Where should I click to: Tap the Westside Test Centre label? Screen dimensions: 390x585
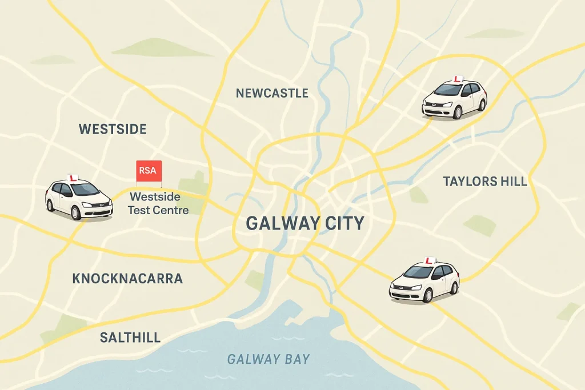[155, 203]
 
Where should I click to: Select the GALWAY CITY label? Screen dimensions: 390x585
[304, 223]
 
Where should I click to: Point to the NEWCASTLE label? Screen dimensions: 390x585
[272, 93]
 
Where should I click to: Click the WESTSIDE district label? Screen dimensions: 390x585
[113, 129]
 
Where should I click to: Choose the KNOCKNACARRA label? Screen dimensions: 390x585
[127, 279]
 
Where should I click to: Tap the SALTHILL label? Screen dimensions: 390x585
[130, 337]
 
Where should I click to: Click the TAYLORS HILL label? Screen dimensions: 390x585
[485, 182]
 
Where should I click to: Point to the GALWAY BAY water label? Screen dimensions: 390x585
[269, 359]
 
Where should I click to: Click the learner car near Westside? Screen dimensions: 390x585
[79, 198]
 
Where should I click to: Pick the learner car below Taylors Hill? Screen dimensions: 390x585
[424, 281]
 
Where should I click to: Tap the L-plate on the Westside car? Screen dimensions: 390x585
[73, 178]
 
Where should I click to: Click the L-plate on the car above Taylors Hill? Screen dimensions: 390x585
[457, 80]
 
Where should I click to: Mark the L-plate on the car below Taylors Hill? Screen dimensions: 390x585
[429, 260]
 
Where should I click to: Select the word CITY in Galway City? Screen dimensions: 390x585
[336, 223]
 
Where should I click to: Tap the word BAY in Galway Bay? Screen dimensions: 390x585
[295, 359]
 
